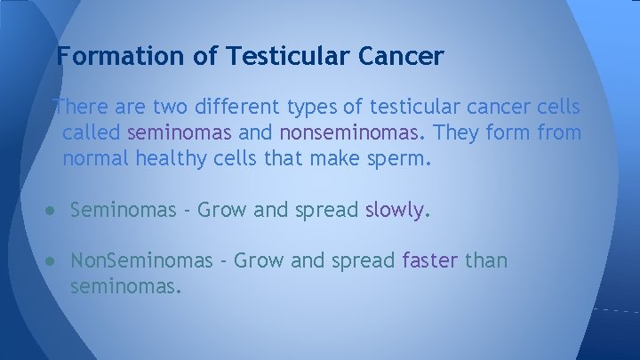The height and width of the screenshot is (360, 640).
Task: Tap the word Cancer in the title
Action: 401,57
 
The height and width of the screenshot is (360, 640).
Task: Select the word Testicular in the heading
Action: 287,57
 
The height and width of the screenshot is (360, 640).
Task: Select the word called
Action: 92,134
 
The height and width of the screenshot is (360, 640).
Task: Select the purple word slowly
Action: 396,211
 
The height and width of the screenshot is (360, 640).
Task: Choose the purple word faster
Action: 431,260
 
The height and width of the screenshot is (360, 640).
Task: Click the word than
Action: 487,260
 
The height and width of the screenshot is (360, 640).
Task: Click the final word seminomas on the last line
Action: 125,287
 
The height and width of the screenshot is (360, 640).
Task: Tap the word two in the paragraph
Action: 166,108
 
